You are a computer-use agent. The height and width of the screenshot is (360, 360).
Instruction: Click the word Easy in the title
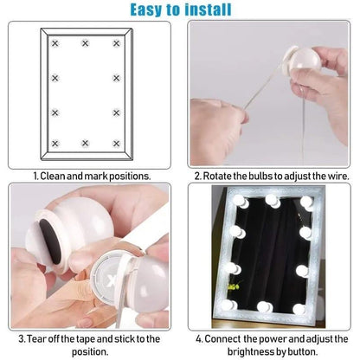pos(151,10)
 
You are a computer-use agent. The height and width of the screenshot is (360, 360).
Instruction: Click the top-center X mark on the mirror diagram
pos(86,43)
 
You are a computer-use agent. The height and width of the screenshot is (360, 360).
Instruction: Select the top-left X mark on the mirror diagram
pos(55,43)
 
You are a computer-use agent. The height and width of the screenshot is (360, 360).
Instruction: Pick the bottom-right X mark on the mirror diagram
pos(116,143)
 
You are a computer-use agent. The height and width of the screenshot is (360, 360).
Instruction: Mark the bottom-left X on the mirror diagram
pos(55,143)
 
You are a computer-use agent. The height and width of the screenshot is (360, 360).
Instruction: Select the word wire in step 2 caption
pos(334,176)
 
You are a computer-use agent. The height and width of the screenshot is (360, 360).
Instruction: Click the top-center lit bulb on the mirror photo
pos(273,201)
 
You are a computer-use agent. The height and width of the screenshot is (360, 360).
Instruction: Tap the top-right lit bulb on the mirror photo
pos(306,202)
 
